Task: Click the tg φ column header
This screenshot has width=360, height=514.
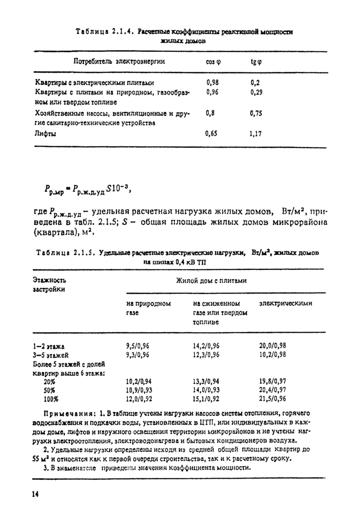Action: tap(256, 62)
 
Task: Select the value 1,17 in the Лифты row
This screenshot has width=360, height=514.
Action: tap(256, 134)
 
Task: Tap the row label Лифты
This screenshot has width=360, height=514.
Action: tap(45, 134)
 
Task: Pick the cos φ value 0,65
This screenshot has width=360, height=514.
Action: tap(211, 134)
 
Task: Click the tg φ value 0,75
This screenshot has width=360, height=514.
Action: tap(256, 114)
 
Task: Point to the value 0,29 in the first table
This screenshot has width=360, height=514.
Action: tap(256, 93)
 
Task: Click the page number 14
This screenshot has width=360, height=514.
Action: tap(35, 494)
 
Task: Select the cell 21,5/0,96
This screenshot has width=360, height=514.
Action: tap(273, 398)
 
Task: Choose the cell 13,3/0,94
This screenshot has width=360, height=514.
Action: tap(206, 381)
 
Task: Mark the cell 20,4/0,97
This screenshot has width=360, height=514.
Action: tap(273, 390)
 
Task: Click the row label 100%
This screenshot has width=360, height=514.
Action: tap(51, 398)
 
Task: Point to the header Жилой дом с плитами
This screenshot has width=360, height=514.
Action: tap(211, 281)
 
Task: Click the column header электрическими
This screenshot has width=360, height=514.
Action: tap(286, 303)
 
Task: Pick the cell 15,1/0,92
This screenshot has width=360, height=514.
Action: tap(206, 398)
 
